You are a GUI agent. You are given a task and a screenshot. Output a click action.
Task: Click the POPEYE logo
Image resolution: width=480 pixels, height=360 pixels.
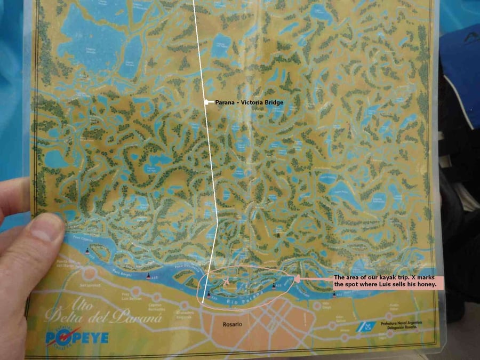[77, 337]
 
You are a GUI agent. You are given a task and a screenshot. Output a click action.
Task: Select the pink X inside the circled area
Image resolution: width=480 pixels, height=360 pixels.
[226, 281]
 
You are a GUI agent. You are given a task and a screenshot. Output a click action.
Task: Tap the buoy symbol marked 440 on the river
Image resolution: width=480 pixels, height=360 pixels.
[149, 276]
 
